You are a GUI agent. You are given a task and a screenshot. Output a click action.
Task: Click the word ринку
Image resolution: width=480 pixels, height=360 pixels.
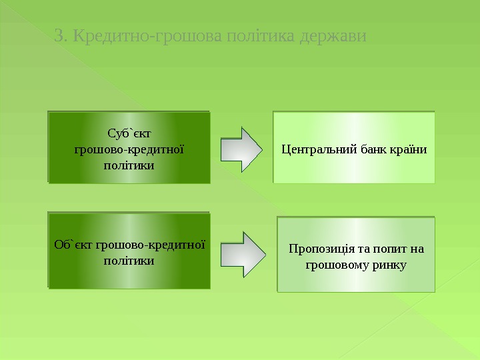pos(388,265)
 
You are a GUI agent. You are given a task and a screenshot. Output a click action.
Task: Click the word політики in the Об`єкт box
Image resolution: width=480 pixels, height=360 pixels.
pos(129,260)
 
